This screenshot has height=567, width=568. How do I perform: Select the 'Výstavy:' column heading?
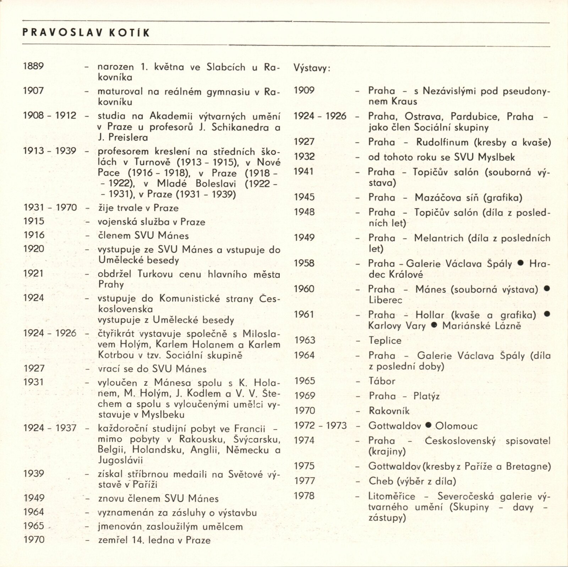(x=312, y=68)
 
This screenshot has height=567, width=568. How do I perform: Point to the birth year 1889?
(x=33, y=66)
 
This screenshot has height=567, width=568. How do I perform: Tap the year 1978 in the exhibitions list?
(x=304, y=496)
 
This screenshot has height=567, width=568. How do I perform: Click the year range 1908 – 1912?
(x=50, y=116)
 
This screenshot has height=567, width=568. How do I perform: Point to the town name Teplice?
(x=385, y=340)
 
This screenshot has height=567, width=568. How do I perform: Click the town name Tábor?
(x=382, y=381)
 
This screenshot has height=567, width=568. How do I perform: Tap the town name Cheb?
(x=381, y=481)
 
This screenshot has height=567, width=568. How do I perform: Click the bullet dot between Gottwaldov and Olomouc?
(x=428, y=425)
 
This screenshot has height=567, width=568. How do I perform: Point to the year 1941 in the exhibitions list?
(x=304, y=172)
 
